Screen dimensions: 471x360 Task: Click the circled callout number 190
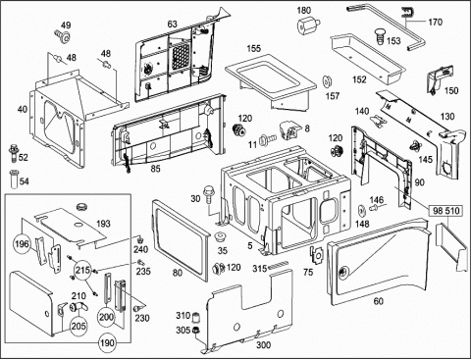click(x=107, y=343)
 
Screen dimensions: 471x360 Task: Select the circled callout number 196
click(x=22, y=244)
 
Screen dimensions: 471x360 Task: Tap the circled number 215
click(x=82, y=270)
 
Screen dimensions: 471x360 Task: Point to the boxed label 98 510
click(x=446, y=211)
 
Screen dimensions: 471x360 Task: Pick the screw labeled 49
click(x=63, y=36)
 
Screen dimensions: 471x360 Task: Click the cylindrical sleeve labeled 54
click(x=14, y=179)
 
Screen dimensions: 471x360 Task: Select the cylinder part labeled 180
click(x=307, y=26)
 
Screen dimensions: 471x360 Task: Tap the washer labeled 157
click(x=327, y=81)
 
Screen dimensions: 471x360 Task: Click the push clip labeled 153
click(x=379, y=36)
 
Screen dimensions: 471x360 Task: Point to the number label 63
click(x=172, y=24)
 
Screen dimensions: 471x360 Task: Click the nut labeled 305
click(x=196, y=330)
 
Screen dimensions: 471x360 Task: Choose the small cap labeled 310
click(x=195, y=317)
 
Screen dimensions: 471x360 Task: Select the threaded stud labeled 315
click(x=279, y=265)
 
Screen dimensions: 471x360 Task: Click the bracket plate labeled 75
click(x=316, y=254)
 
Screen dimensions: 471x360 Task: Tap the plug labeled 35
click(x=220, y=236)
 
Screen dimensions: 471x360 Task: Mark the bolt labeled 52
click(x=13, y=153)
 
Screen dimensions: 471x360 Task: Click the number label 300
click(x=263, y=344)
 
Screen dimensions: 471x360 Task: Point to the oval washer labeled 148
click(x=362, y=211)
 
